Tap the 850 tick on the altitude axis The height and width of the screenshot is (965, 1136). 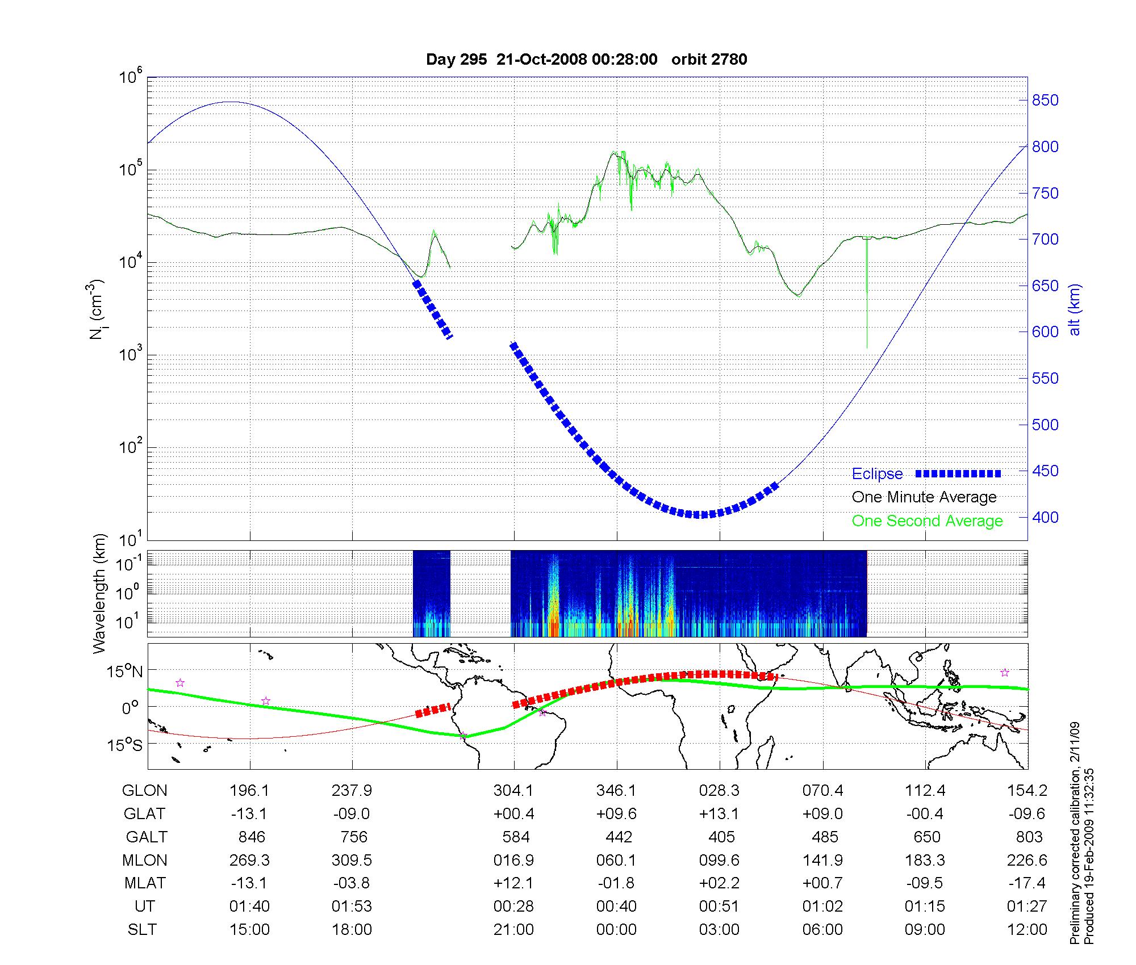[1045, 100]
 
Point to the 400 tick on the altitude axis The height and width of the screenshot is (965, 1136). [1045, 517]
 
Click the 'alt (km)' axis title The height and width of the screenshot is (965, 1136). [1075, 309]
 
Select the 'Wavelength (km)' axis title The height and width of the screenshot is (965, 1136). [100, 593]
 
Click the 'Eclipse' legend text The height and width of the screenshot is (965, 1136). [877, 474]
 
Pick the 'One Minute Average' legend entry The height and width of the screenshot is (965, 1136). [924, 497]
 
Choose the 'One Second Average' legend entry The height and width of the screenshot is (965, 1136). [927, 521]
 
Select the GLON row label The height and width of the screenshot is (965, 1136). [145, 790]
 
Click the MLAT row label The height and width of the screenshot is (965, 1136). [145, 883]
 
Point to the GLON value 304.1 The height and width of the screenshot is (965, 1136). [513, 790]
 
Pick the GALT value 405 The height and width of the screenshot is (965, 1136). [721, 837]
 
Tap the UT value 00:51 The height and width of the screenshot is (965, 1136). [719, 906]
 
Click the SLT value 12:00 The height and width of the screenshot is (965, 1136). [1027, 929]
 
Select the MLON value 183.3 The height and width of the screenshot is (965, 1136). [925, 860]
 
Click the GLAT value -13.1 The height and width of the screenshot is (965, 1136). [249, 813]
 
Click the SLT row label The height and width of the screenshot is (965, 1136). [142, 929]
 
